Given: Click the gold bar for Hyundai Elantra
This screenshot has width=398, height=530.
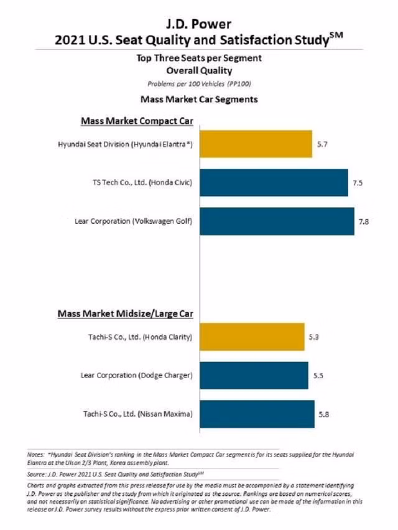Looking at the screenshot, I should click(x=256, y=144).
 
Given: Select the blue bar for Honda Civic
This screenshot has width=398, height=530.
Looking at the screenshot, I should click(x=274, y=183).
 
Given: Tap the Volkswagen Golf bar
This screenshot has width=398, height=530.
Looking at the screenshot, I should click(x=277, y=221).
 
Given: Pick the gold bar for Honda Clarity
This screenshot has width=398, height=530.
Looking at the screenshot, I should click(x=252, y=337).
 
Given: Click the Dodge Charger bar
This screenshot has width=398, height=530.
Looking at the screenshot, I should click(x=254, y=376).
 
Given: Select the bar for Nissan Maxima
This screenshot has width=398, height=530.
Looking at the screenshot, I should click(x=257, y=414).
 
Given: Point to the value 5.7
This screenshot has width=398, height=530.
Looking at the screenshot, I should click(x=322, y=144).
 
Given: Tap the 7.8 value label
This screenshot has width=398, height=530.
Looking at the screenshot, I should click(x=364, y=221).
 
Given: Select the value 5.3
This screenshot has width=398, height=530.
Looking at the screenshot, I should click(x=314, y=337).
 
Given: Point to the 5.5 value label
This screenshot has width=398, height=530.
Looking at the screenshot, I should click(x=318, y=376).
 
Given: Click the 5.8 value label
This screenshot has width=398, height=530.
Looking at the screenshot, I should click(x=324, y=414).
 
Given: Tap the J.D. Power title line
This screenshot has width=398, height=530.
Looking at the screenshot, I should click(x=199, y=25).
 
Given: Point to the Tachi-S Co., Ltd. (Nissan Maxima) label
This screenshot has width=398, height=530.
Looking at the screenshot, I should click(x=137, y=414).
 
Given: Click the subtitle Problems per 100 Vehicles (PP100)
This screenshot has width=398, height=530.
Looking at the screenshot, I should click(x=199, y=83).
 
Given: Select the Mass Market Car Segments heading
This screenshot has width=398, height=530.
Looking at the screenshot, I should click(x=199, y=99).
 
